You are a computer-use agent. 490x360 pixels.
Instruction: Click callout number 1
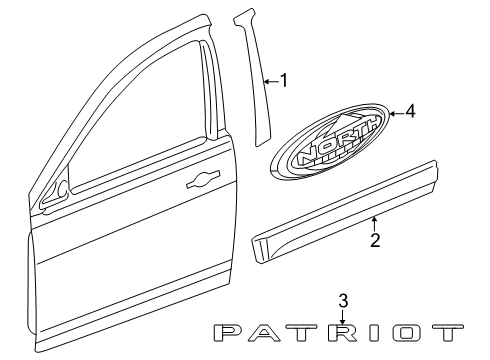pyautogui.click(x=285, y=80)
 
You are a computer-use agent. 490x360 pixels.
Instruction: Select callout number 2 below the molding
pyautogui.click(x=374, y=240)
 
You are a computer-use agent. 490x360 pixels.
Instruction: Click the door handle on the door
pyautogui.click(x=200, y=180)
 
